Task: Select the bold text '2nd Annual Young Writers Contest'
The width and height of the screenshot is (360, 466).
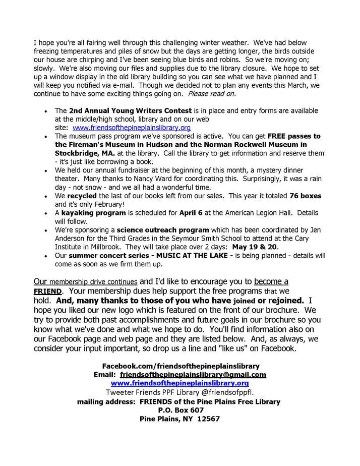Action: [130, 110]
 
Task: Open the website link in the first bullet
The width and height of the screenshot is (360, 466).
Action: [132, 128]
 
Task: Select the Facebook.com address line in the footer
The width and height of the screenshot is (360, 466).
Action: [179, 366]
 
